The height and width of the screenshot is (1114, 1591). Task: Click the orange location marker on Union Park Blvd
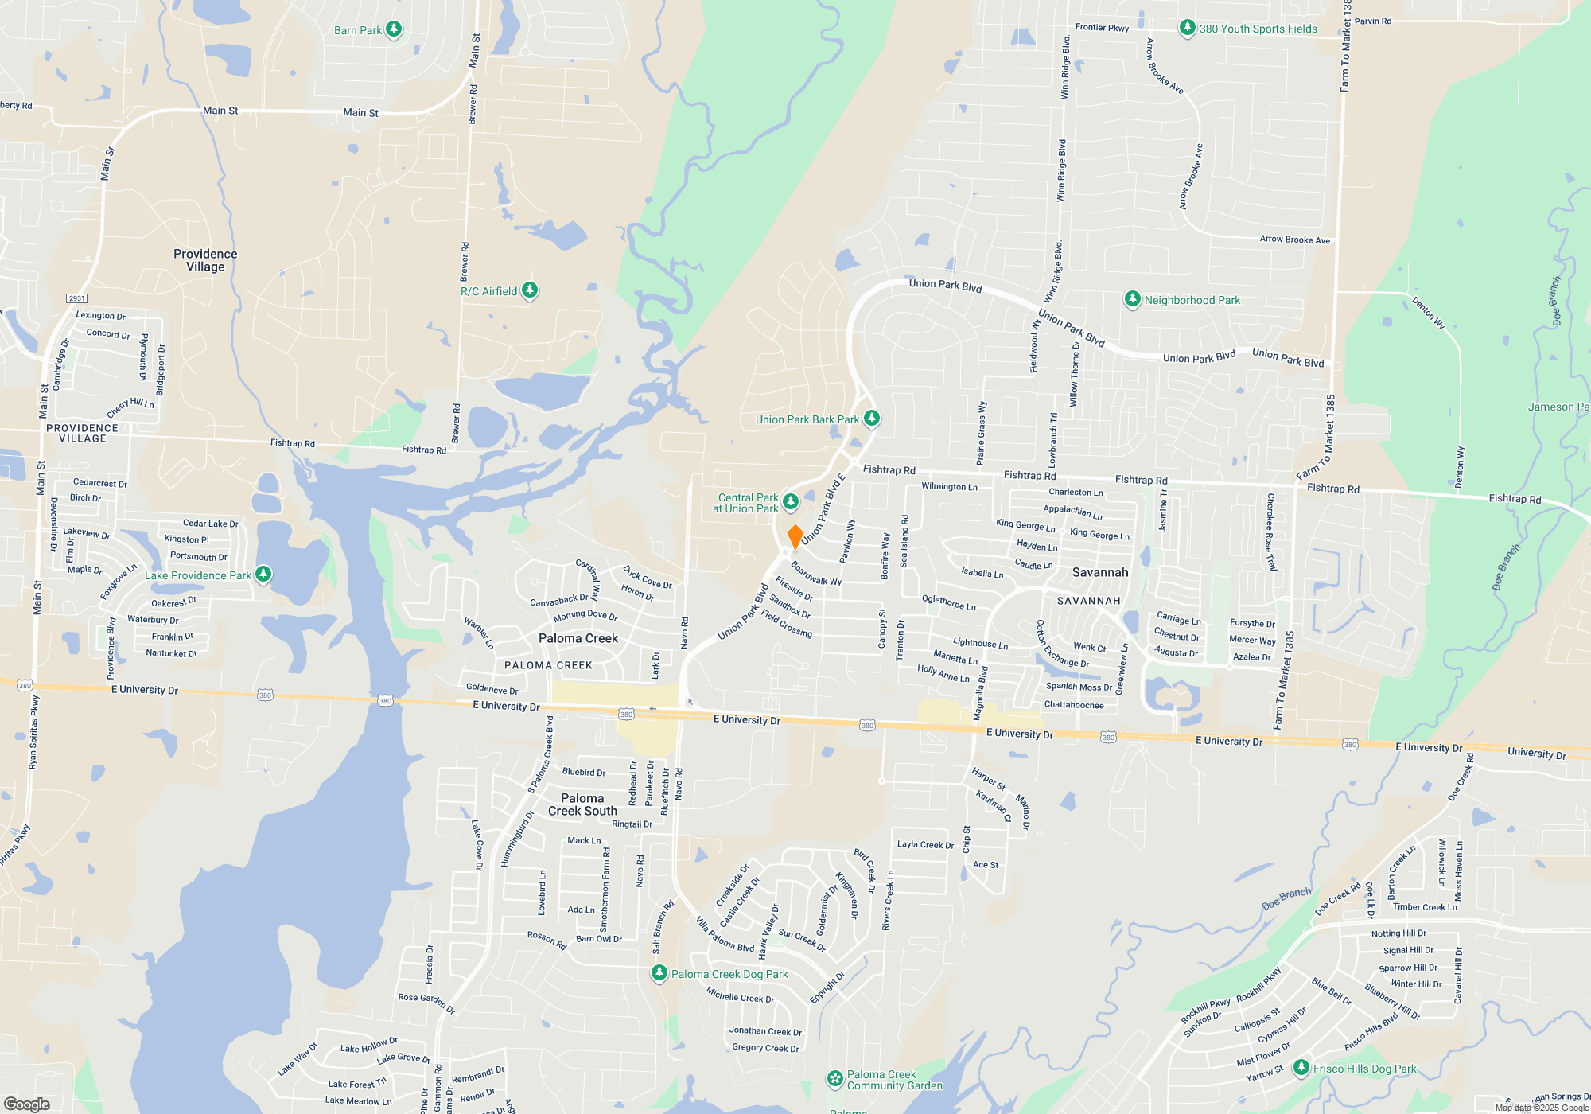click(795, 536)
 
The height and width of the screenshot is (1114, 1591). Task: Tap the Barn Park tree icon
click(394, 30)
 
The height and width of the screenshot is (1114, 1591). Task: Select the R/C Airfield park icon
click(530, 291)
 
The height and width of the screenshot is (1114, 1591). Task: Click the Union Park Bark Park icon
click(872, 418)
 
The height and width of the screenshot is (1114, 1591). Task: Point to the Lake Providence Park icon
click(263, 575)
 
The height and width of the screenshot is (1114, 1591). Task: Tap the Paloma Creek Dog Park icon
click(659, 973)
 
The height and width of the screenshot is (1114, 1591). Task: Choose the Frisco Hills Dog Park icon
click(1301, 1068)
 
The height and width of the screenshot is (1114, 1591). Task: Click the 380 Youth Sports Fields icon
click(1187, 29)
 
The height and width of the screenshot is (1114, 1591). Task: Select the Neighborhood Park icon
click(1132, 300)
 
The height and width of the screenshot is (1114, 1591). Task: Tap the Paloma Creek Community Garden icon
click(834, 1079)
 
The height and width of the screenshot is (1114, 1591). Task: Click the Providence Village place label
click(205, 260)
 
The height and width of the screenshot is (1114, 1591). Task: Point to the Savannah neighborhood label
click(1099, 572)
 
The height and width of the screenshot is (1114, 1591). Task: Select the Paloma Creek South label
click(582, 804)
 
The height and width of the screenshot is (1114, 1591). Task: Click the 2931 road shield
click(76, 298)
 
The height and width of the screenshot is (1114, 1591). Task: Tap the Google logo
click(26, 1104)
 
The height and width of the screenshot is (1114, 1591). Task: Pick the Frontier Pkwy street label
click(1102, 28)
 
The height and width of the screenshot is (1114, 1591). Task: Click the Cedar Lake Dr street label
click(210, 524)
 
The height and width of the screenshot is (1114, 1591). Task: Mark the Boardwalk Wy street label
click(816, 574)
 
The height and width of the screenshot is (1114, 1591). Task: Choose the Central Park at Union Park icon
click(790, 501)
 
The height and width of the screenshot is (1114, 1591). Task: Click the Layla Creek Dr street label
click(925, 845)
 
